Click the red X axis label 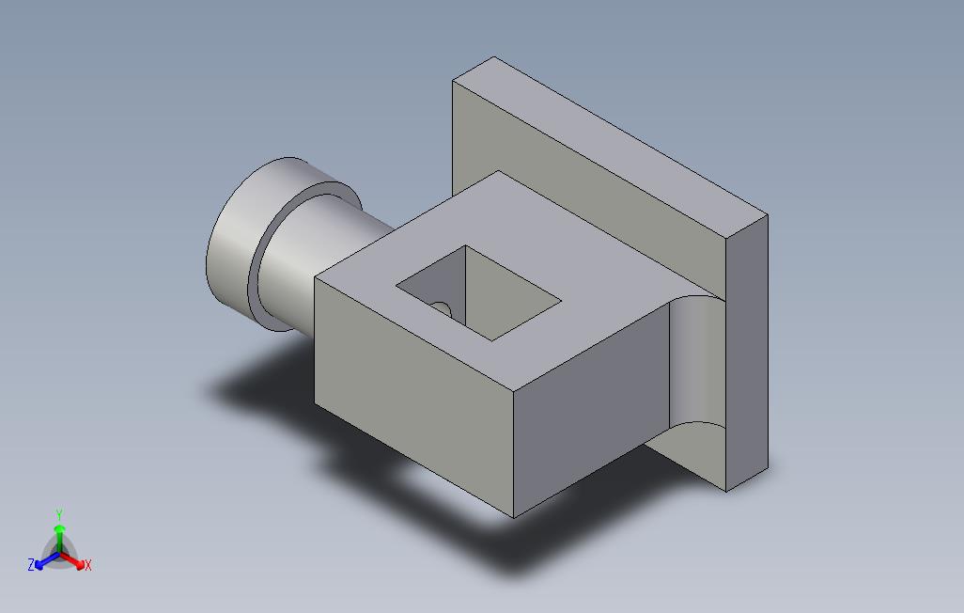tap(87, 565)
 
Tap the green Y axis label tap(58, 514)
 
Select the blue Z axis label tap(31, 565)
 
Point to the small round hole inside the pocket tap(440, 306)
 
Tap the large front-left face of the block tap(413, 395)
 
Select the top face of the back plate tap(611, 141)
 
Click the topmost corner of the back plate tap(494, 57)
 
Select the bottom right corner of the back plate tap(728, 491)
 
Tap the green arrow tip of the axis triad tap(59, 529)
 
